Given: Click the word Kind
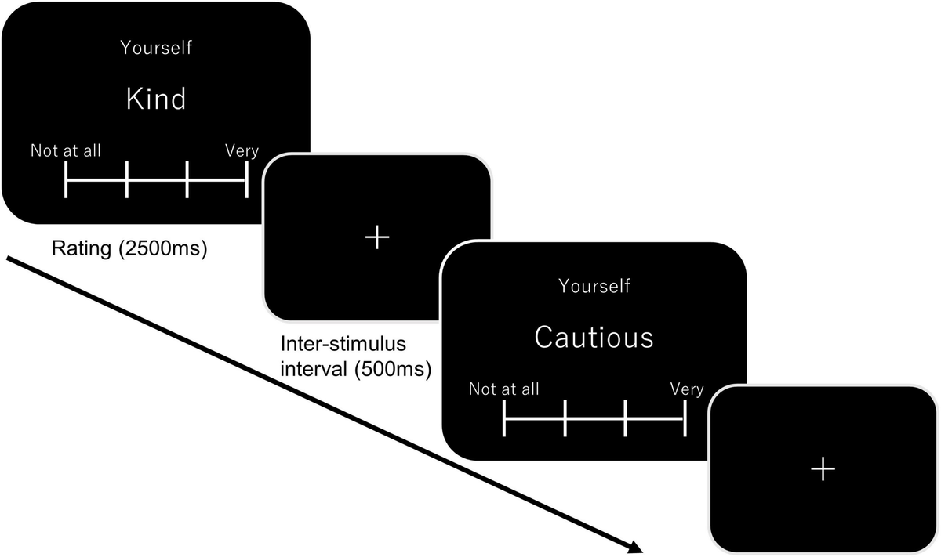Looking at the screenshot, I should (x=156, y=99).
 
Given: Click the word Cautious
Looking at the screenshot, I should (x=594, y=338).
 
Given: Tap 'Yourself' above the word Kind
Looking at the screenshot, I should (x=156, y=48).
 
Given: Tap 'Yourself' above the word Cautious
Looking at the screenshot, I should (x=594, y=286).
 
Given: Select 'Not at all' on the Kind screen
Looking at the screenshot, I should (x=66, y=150).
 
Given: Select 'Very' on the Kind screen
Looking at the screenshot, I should (x=242, y=150).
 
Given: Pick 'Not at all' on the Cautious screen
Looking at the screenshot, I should (x=504, y=389).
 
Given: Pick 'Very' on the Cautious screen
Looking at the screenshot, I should (x=687, y=389).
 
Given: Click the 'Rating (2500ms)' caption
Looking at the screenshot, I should (x=129, y=251).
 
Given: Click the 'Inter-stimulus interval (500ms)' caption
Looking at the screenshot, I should (x=356, y=356).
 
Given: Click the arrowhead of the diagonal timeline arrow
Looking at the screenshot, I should (x=637, y=548).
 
